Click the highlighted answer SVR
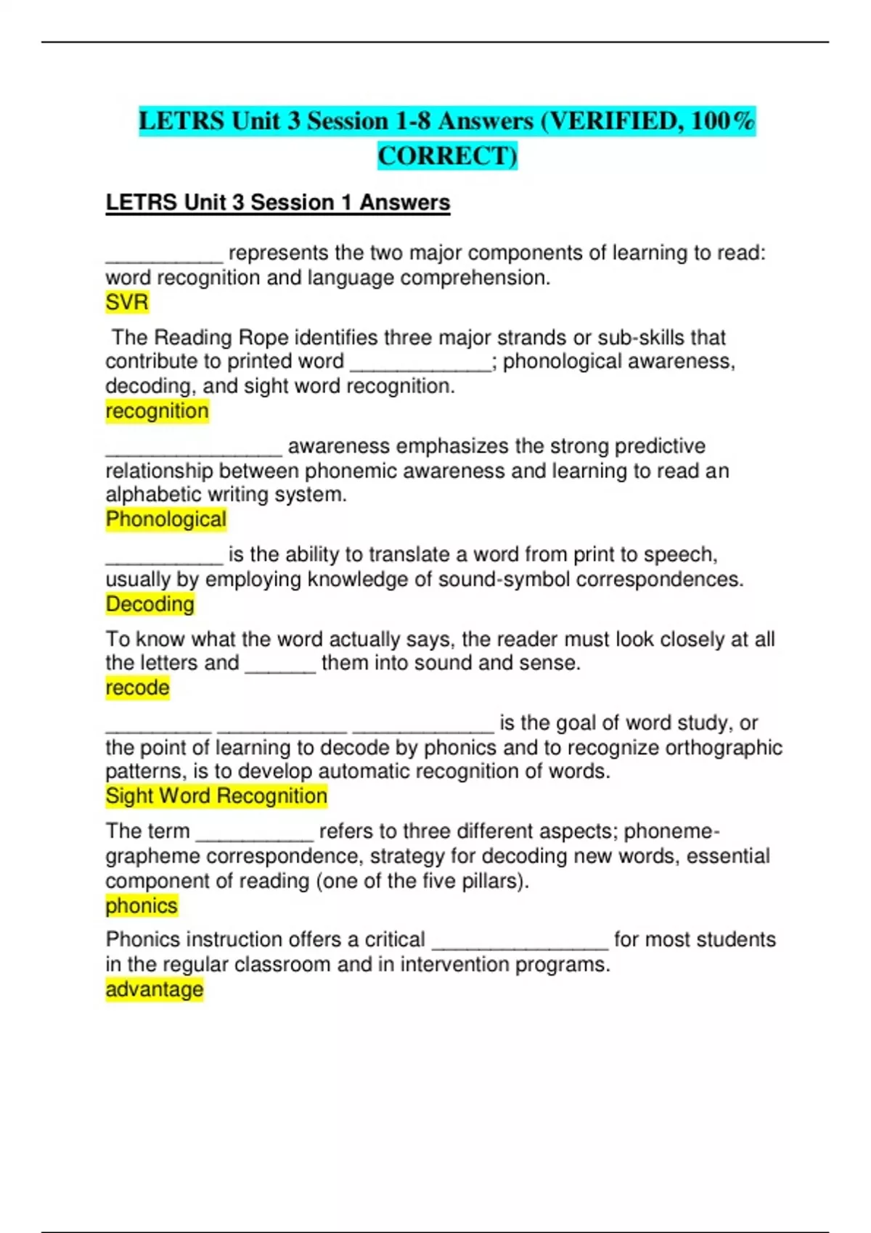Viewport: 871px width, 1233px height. tap(127, 302)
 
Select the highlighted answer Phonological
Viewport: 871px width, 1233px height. tap(165, 519)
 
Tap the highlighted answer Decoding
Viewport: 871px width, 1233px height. tap(150, 604)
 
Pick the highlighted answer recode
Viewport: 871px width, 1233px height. tap(137, 688)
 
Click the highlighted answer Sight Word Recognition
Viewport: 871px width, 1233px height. tap(216, 796)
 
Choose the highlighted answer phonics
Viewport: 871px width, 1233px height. tap(142, 906)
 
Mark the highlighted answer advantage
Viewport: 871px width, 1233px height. tap(154, 989)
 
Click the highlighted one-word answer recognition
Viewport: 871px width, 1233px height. tap(157, 411)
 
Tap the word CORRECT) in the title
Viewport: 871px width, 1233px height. tap(447, 156)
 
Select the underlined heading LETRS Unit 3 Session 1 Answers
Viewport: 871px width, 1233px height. tap(278, 202)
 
